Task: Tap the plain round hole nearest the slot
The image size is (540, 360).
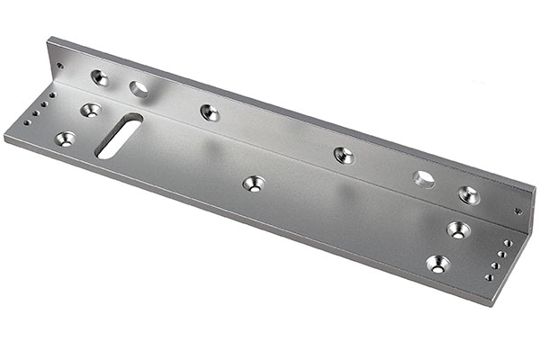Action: tap(139, 88)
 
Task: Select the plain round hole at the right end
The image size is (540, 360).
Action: tap(424, 179)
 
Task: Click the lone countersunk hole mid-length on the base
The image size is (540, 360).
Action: tap(254, 184)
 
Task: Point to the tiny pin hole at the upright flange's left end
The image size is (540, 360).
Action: tap(60, 66)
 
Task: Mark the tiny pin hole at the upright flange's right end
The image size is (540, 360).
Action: tap(517, 212)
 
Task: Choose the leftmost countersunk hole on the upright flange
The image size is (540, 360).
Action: tap(99, 77)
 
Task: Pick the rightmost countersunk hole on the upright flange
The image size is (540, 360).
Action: tap(468, 193)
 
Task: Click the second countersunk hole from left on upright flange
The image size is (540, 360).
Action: tap(210, 112)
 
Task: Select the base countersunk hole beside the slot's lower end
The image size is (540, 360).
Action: tap(66, 139)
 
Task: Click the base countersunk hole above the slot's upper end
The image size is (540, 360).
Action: tap(90, 110)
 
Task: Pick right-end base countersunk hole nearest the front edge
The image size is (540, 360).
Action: tap(437, 264)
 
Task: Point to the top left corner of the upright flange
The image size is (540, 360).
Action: tap(50, 38)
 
